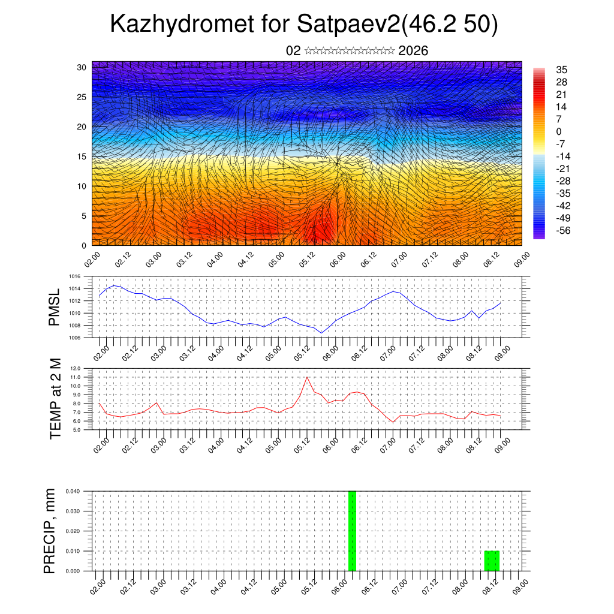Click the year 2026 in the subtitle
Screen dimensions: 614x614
[x=413, y=51]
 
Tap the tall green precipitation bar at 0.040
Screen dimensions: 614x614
[x=352, y=531]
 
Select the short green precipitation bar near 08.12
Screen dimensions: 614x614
[x=492, y=561]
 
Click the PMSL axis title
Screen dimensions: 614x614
[x=55, y=308]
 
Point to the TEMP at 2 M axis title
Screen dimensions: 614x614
[x=56, y=399]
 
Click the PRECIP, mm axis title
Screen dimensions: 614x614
[x=50, y=531]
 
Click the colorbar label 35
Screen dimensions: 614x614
[x=562, y=70]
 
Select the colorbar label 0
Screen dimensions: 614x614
[x=559, y=131]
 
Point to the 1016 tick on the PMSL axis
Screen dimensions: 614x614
[x=74, y=277]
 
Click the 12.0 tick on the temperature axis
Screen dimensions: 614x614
[x=75, y=368]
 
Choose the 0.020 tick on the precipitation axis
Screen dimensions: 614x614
[x=73, y=531]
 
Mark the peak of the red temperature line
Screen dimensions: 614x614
[x=308, y=377]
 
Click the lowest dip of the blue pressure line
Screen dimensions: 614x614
[x=321, y=333]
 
